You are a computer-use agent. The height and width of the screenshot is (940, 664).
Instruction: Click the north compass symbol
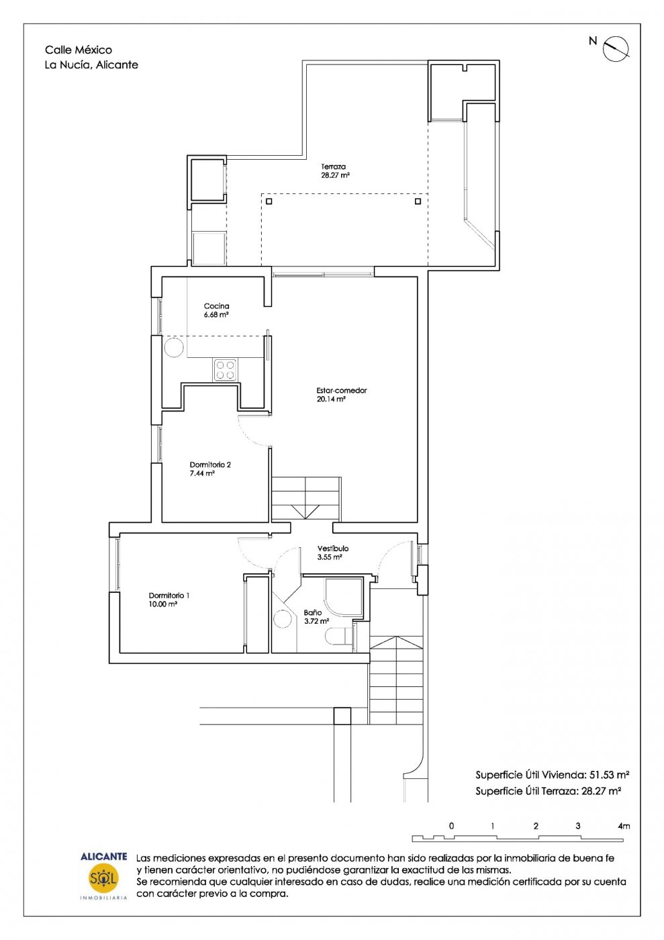click(x=616, y=48)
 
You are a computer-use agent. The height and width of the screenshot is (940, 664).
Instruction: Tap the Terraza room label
click(x=333, y=167)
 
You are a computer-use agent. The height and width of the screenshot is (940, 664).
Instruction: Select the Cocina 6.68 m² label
click(x=217, y=310)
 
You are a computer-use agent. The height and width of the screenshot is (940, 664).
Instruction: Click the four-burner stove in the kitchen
click(x=225, y=370)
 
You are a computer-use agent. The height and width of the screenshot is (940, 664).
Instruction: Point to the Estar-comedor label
click(x=342, y=390)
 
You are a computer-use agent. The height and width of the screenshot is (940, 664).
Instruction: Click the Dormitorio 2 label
click(x=210, y=465)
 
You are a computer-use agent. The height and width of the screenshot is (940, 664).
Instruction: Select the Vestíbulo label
click(x=333, y=549)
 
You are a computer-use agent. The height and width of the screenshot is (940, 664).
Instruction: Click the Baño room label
click(x=313, y=612)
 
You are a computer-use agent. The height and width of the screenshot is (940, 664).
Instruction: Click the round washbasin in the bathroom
click(x=283, y=619)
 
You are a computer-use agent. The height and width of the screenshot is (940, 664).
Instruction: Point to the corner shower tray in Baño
click(x=344, y=598)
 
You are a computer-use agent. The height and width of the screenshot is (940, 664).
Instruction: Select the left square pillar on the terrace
click(x=269, y=201)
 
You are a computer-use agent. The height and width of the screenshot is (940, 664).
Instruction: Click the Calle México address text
click(x=79, y=50)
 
